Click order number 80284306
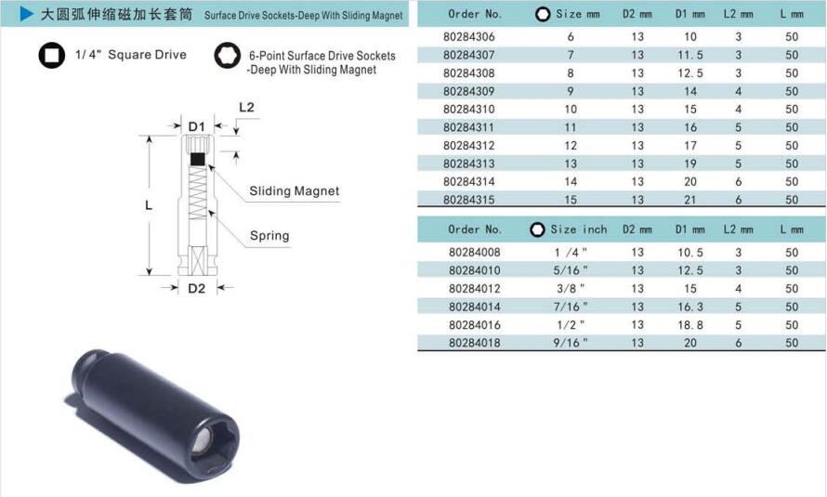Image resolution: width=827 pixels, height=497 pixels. point(469,37)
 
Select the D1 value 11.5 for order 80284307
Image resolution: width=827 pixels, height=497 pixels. point(690,55)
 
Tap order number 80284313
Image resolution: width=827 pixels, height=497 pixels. point(469,163)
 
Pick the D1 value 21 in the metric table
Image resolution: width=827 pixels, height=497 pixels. point(690,200)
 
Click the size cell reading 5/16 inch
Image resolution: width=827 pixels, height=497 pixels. point(571,270)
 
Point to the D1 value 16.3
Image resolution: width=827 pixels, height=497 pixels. point(690,307)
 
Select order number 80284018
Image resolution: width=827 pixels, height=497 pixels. point(475,343)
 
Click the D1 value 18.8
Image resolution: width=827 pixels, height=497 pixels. point(690,325)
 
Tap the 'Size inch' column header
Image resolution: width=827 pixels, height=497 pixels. point(579,229)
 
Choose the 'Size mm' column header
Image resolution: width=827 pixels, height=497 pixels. point(578,14)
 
